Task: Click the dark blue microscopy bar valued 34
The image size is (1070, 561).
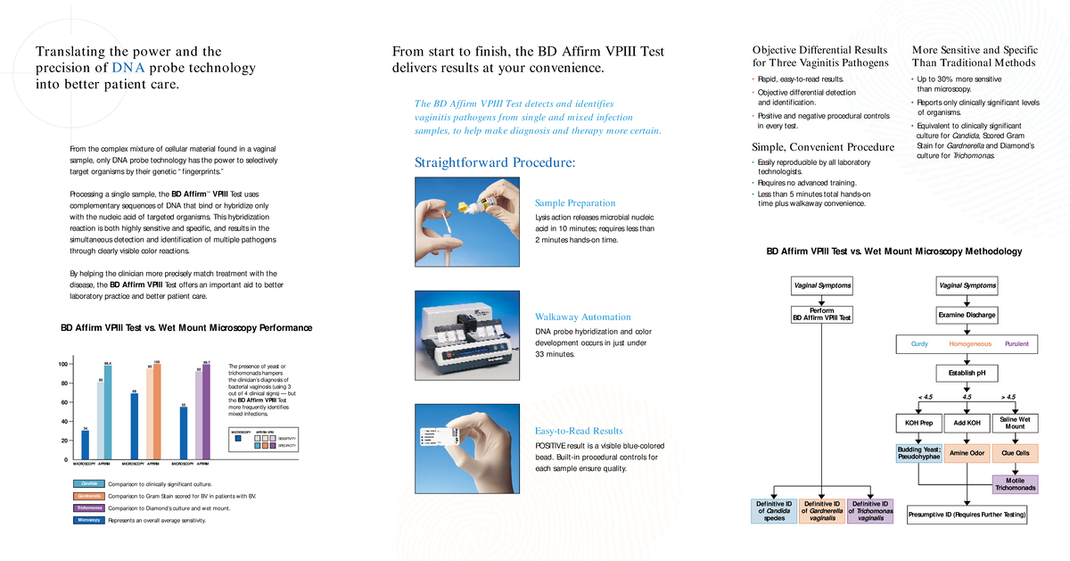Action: click(86, 444)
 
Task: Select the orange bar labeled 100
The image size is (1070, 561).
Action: click(157, 411)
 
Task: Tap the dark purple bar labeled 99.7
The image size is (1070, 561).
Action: click(206, 411)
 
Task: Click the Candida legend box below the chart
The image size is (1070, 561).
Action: click(89, 483)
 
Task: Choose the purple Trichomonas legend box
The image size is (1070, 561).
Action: click(89, 507)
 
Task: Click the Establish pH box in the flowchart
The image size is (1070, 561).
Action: click(967, 372)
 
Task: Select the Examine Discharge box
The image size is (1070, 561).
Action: click(967, 315)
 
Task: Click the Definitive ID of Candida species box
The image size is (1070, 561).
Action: click(774, 510)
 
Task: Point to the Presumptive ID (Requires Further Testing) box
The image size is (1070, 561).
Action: click(967, 515)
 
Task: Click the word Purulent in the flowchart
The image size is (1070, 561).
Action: click(1017, 343)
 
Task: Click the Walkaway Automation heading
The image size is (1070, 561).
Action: click(582, 317)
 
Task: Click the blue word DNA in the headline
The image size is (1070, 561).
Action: click(122, 68)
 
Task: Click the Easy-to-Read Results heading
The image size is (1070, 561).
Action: click(578, 431)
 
